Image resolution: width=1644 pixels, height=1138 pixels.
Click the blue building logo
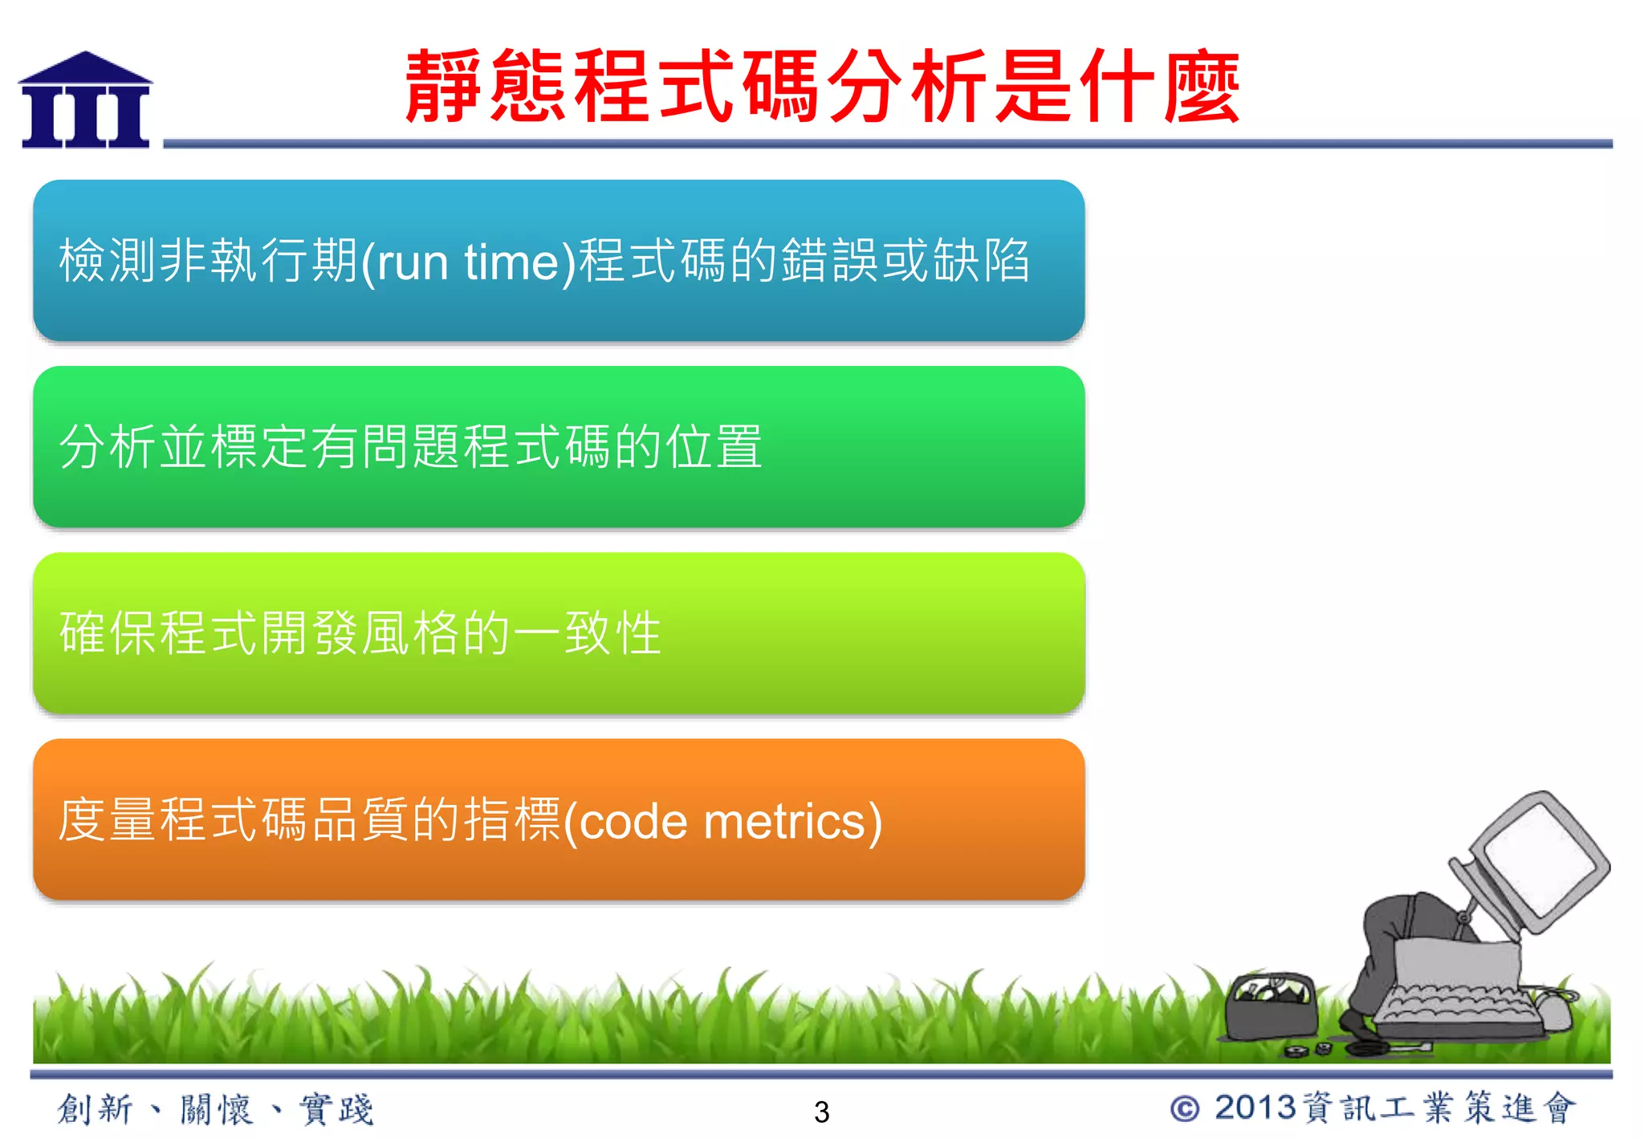tap(85, 100)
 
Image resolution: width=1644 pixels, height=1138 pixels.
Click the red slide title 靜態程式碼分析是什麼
tap(822, 86)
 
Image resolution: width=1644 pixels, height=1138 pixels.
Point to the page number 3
tap(821, 1112)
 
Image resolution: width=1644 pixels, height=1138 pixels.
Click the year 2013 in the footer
tap(1255, 1108)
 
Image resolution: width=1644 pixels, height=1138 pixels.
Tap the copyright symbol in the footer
tap(1185, 1109)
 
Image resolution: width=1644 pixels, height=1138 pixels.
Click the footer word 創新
tap(95, 1109)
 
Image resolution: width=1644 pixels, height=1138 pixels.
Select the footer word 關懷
tap(216, 1109)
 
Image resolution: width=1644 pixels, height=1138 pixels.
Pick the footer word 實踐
tap(336, 1109)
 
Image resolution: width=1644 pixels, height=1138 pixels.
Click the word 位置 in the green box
tap(714, 447)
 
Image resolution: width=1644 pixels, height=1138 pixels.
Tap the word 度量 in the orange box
tap(108, 820)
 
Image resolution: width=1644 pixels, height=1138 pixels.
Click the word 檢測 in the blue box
tap(109, 261)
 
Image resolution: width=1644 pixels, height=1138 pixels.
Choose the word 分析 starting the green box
tap(108, 447)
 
